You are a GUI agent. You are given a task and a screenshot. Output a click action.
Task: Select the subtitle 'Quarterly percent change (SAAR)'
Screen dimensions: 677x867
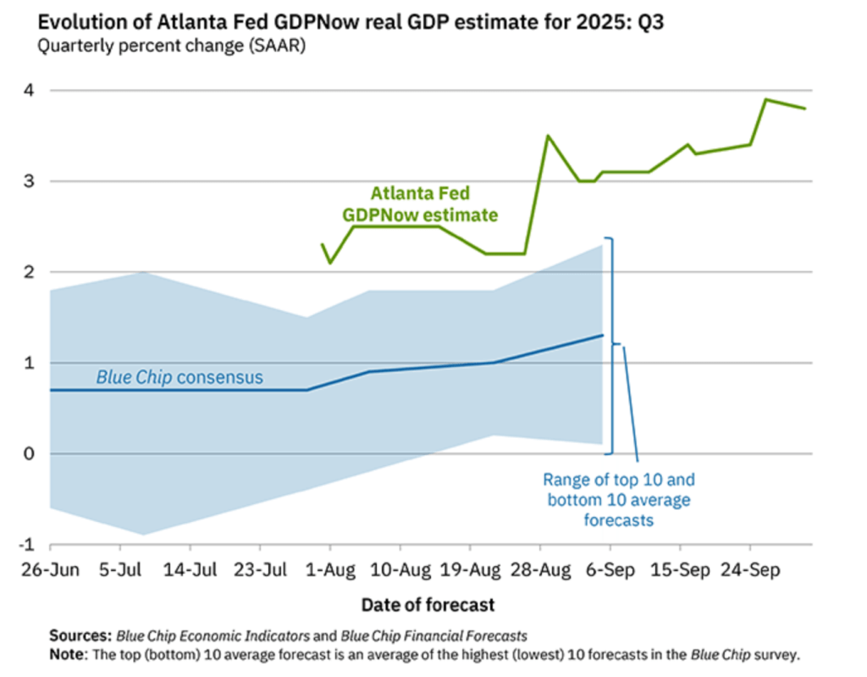click(x=170, y=46)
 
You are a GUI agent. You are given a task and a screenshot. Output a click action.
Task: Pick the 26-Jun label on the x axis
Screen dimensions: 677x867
click(x=50, y=569)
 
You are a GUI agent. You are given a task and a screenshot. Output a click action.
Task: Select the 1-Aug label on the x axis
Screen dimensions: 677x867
click(x=331, y=569)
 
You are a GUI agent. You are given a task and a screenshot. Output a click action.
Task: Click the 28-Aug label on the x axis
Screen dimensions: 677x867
click(x=543, y=569)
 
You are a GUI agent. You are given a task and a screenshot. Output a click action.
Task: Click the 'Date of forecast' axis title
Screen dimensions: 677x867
click(x=428, y=605)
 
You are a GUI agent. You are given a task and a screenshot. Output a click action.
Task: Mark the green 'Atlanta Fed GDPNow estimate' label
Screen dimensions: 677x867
click(x=420, y=204)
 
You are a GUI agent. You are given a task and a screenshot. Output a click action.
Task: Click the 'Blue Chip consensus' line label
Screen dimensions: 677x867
click(x=179, y=377)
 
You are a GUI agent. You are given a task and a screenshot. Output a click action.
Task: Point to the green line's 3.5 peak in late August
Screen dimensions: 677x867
click(x=548, y=136)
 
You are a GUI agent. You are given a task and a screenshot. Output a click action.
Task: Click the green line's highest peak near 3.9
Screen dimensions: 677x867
click(x=765, y=99)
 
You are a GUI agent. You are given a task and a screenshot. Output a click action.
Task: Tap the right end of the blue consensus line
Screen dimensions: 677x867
click(x=603, y=335)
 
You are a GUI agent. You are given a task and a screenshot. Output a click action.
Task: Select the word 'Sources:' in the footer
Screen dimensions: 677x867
click(x=80, y=635)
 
